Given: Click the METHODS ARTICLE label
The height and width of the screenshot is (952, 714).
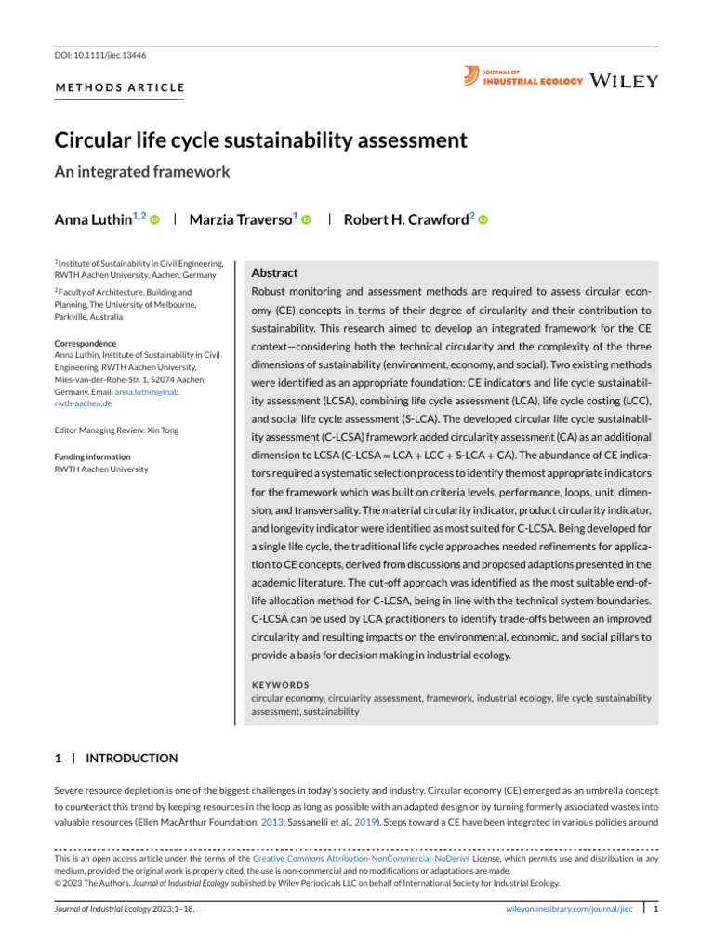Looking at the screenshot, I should [x=119, y=88].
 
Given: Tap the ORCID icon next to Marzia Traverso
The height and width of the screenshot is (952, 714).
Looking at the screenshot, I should [x=305, y=219].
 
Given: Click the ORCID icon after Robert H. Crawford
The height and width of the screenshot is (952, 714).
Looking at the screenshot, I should [x=483, y=219].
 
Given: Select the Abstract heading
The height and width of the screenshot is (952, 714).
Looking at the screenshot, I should [x=275, y=273].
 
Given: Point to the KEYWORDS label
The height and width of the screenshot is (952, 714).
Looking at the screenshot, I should [x=281, y=684].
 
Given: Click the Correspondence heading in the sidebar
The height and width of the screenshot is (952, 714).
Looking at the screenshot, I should [x=86, y=343].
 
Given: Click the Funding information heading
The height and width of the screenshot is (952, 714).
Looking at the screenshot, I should [x=92, y=456].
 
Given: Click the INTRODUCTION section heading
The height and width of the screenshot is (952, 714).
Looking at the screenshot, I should [x=131, y=759].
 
